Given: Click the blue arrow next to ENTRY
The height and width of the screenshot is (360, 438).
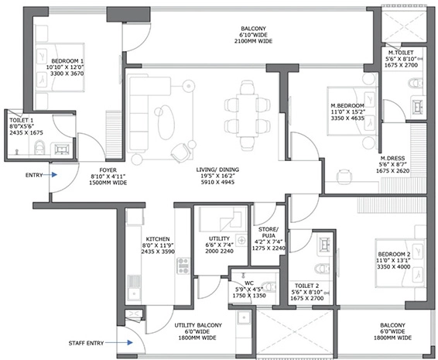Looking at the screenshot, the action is (51, 175).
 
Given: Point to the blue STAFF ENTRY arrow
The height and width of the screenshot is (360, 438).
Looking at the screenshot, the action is (119, 342).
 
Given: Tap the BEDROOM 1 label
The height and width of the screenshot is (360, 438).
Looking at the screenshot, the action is (67, 61).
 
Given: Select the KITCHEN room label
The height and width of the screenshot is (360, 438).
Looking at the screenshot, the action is (158, 239).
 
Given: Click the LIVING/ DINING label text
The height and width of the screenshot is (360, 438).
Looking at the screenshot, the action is (217, 170).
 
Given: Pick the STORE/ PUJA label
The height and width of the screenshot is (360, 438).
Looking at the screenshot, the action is (269, 232).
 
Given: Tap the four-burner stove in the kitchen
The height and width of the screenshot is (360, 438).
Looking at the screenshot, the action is (183, 266).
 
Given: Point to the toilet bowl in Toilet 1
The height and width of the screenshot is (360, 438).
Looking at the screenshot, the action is (39, 148).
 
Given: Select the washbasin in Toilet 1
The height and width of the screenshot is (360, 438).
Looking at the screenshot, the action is (62, 149).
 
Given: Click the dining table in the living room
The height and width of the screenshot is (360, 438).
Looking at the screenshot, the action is (248, 115).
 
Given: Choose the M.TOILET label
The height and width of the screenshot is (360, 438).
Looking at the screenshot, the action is (401, 53).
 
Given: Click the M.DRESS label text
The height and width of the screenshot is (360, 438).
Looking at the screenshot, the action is (392, 158).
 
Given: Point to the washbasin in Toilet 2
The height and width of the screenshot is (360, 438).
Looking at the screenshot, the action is (324, 244).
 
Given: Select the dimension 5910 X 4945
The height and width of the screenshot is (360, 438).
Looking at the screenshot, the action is (217, 182).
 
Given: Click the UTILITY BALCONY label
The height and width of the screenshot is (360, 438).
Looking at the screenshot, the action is (198, 325).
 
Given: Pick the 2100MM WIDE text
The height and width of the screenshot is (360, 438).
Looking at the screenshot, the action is (253, 41).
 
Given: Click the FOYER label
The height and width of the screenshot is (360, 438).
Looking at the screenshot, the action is (108, 170).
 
